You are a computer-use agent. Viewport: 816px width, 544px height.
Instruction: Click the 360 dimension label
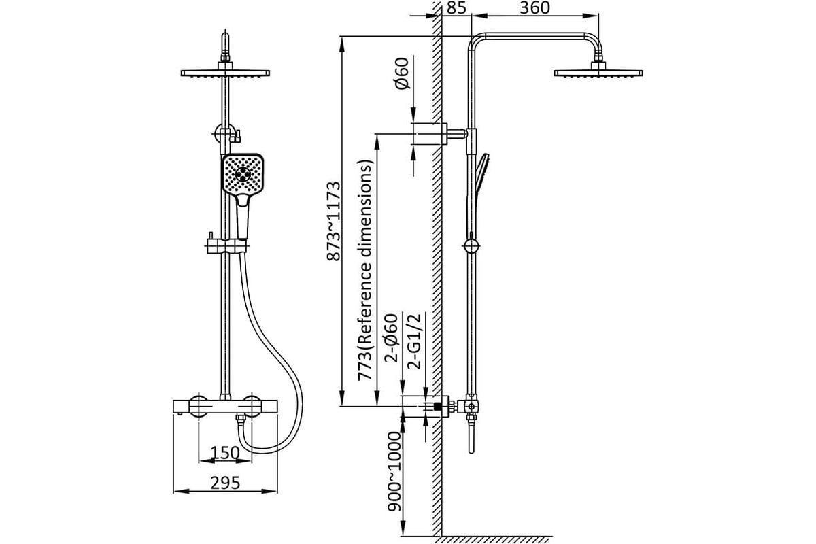click(x=534, y=7)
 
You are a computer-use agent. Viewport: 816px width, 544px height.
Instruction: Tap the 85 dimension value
click(x=456, y=7)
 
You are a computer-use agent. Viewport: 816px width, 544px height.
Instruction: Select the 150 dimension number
click(x=225, y=453)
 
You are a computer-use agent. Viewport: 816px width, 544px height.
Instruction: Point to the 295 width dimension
click(x=225, y=483)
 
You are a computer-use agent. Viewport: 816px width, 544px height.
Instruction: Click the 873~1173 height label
click(x=334, y=221)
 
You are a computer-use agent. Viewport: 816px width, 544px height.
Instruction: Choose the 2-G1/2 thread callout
click(x=414, y=341)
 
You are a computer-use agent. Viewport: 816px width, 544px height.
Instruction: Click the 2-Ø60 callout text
click(x=392, y=338)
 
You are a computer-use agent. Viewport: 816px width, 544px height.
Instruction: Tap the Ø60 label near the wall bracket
click(x=402, y=73)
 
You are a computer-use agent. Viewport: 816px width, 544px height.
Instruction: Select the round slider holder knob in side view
click(x=471, y=246)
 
